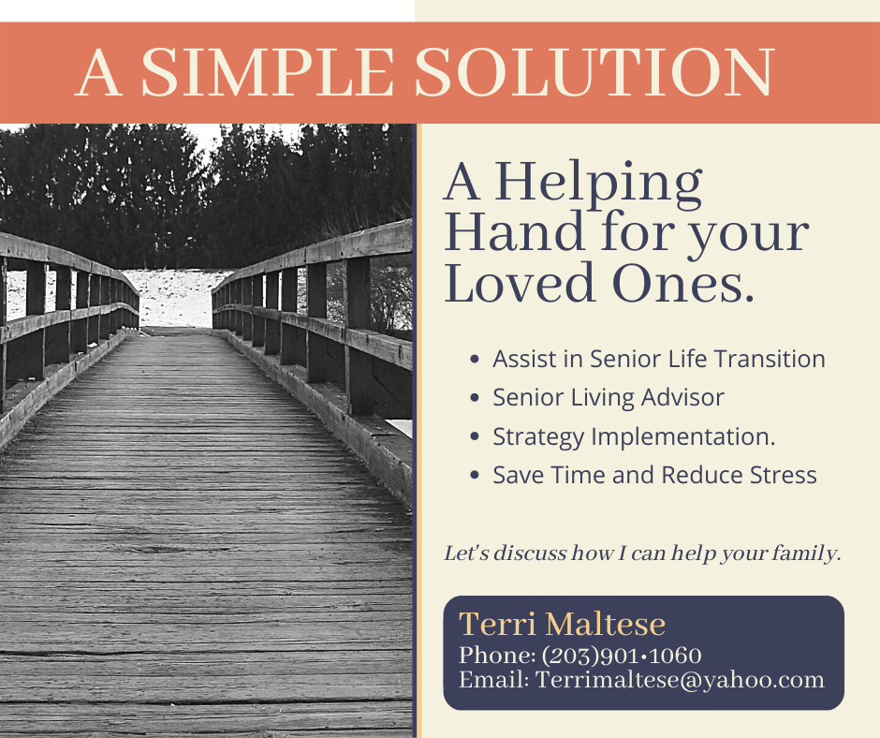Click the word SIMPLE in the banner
coord(267,73)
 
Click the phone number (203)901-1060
coord(622,655)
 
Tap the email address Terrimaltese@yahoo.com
coord(680,679)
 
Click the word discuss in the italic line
coord(521,553)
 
